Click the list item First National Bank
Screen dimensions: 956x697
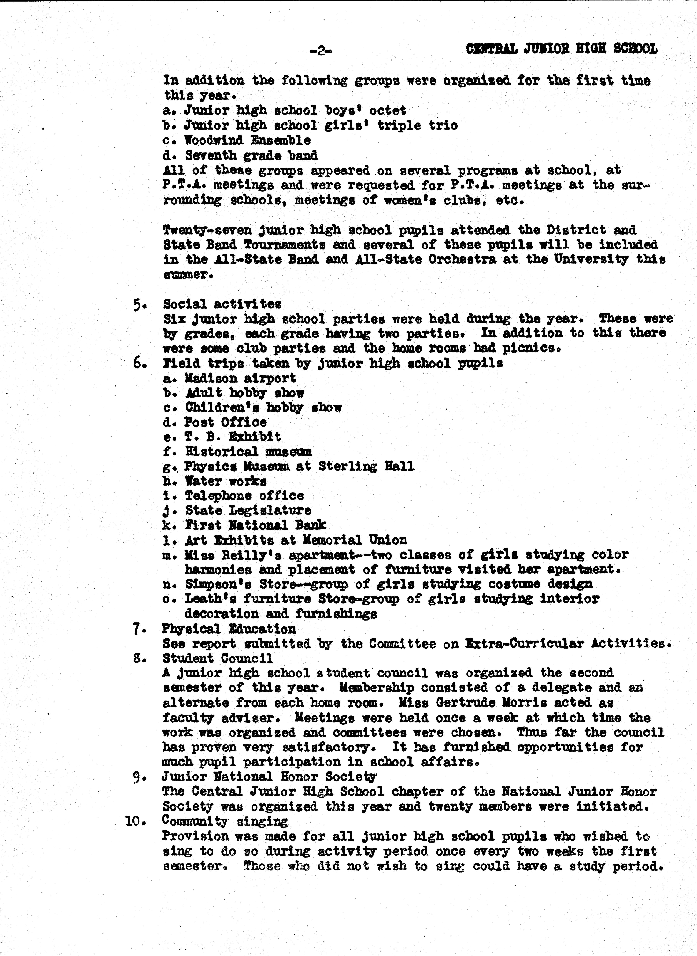point(255,526)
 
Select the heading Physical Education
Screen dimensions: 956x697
point(229,629)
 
